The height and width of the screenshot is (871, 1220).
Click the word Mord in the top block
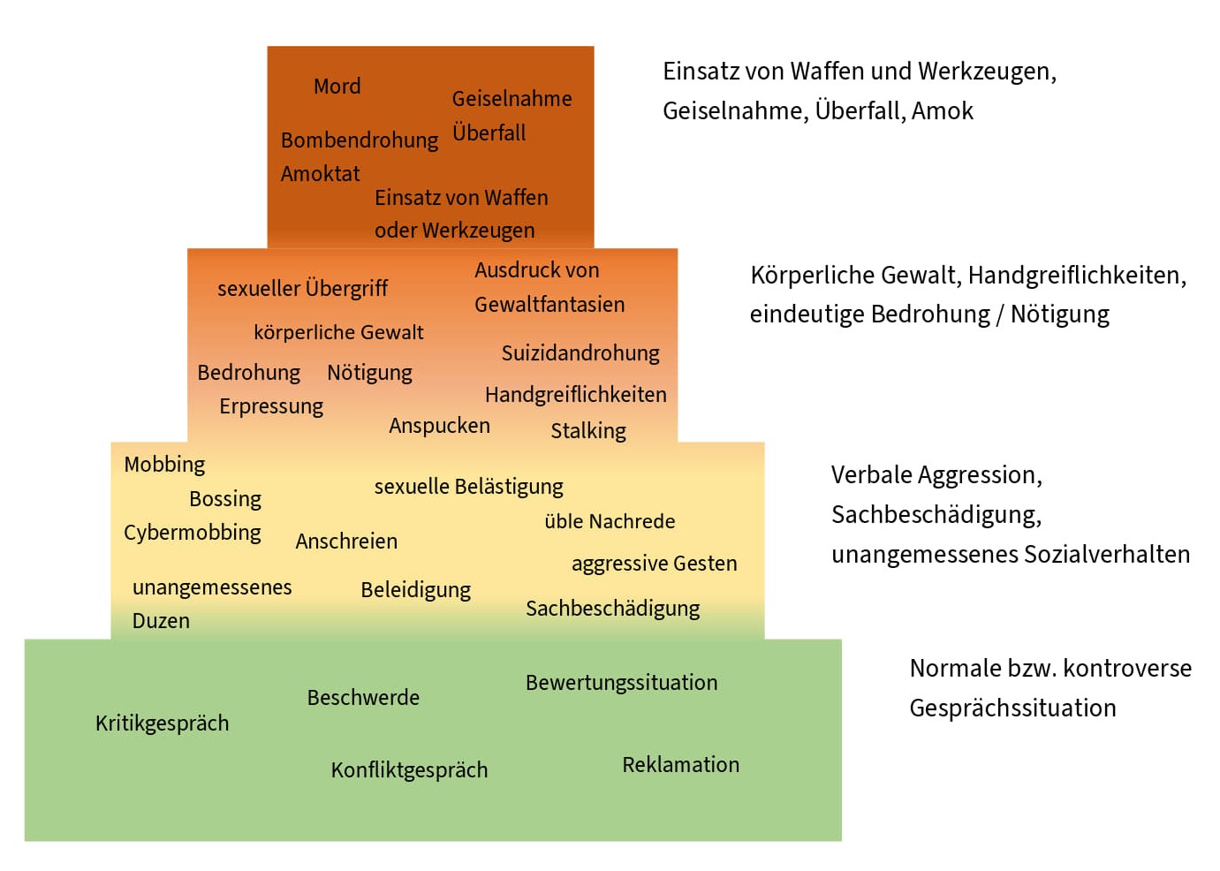coord(337,87)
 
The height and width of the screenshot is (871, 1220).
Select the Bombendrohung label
coord(359,140)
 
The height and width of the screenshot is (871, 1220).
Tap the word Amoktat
coord(320,174)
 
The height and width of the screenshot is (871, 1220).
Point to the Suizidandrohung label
coord(580,353)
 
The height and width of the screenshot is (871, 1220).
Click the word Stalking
coord(588,431)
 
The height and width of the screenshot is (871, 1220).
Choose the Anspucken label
coord(439,426)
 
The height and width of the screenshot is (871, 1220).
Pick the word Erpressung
coord(271,406)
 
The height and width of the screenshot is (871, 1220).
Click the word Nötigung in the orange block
coord(369,373)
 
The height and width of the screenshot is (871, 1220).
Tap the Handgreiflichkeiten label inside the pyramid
coord(575,395)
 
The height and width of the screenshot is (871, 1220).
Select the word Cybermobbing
coord(193,533)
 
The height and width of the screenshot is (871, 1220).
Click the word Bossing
coord(225,499)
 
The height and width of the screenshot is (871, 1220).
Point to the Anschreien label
coord(346,542)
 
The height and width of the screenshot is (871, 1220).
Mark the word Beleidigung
coord(415,590)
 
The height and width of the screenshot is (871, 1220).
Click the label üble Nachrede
coord(610,522)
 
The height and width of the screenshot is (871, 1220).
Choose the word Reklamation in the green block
coord(680,765)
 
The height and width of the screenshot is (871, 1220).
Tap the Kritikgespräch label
coord(162,723)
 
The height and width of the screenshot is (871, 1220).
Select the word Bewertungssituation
coord(621,683)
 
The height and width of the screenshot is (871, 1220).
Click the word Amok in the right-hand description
coord(942,111)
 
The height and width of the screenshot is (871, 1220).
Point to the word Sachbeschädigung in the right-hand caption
coord(936,515)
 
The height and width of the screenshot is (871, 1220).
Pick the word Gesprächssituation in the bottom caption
coord(1012,708)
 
